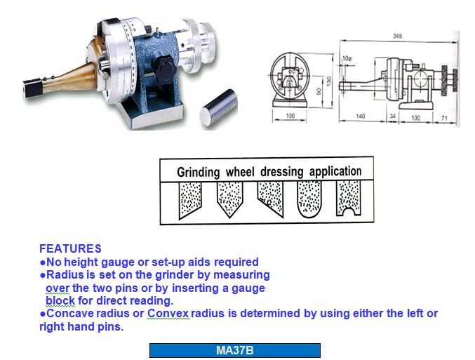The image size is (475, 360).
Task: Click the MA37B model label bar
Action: [235, 350]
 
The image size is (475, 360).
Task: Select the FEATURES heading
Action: [70, 248]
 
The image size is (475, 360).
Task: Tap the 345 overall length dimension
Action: [397, 36]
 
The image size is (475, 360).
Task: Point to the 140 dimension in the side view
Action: [360, 116]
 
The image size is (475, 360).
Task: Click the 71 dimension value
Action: [444, 118]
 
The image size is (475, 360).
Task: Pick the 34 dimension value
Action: [393, 116]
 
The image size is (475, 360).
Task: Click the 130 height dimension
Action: [329, 81]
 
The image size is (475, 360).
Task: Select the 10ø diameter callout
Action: [347, 58]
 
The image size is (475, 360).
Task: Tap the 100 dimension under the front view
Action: [290, 116]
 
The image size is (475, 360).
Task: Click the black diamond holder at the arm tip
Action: [33, 88]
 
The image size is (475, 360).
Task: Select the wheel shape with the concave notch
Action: [349, 198]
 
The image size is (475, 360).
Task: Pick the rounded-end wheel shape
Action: [309, 199]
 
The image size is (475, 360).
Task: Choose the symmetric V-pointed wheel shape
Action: [230, 199]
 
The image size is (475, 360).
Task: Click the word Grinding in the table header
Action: [198, 172]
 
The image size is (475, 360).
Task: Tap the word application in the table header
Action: [335, 171]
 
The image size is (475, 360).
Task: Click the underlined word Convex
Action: [168, 313]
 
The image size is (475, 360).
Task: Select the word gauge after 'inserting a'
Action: [248, 288]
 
